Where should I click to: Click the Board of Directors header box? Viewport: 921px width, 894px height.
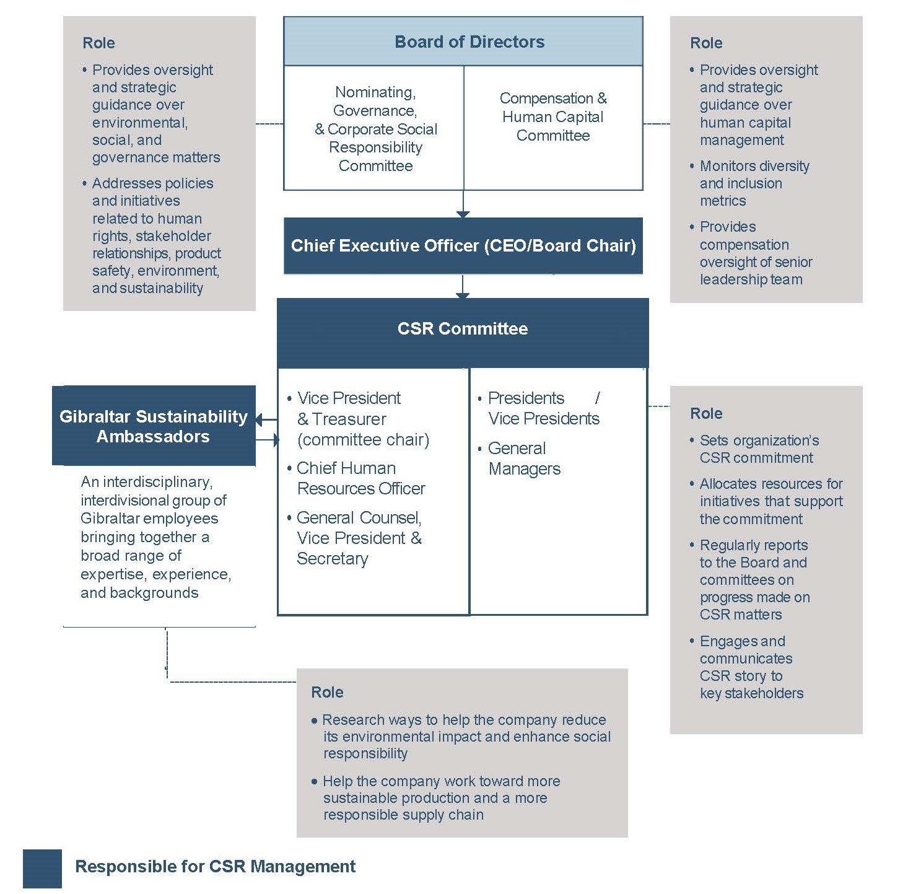pyautogui.click(x=469, y=42)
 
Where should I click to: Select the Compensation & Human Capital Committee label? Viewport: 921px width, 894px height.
pyautogui.click(x=553, y=117)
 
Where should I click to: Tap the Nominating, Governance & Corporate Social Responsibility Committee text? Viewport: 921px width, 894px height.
pyautogui.click(x=375, y=129)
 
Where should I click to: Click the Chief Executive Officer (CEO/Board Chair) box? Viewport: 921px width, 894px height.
pyautogui.click(x=463, y=246)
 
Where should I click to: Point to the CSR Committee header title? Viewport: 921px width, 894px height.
pyautogui.click(x=463, y=328)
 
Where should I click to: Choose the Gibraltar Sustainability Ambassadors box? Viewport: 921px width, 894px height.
pyautogui.click(x=154, y=426)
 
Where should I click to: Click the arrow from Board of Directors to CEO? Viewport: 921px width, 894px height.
pyautogui.click(x=463, y=204)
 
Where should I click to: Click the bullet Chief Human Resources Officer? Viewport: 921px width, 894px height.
pyautogui.click(x=360, y=478)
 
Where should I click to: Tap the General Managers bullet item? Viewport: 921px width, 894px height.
pyautogui.click(x=524, y=458)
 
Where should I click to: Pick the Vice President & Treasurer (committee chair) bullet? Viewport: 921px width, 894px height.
pyautogui.click(x=362, y=419)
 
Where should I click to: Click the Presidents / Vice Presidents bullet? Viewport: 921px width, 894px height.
pyautogui.click(x=543, y=408)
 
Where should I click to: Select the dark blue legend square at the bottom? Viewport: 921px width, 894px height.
pyautogui.click(x=42, y=868)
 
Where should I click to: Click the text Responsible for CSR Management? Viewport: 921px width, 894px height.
pyautogui.click(x=215, y=866)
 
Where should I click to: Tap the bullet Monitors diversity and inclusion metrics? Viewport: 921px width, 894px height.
pyautogui.click(x=754, y=183)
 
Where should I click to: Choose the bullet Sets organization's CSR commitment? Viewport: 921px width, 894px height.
pyautogui.click(x=759, y=449)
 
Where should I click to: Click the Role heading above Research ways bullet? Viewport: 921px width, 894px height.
pyautogui.click(x=327, y=692)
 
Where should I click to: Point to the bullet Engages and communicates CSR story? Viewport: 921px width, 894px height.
pyautogui.click(x=751, y=667)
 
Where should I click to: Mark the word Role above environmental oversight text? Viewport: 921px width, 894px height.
pyautogui.click(x=98, y=43)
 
